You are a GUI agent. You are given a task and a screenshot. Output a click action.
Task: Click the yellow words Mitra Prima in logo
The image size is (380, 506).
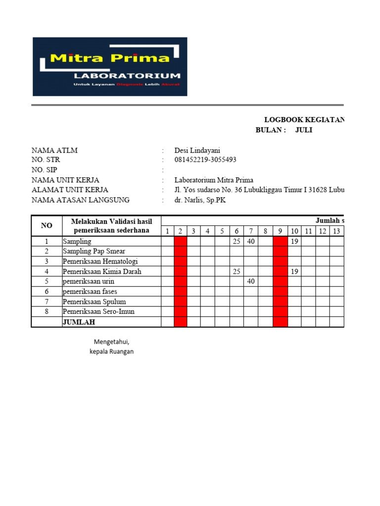click(110, 58)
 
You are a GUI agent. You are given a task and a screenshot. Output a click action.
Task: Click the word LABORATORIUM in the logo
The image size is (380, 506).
click(127, 76)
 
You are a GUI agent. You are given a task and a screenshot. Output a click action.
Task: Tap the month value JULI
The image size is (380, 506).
click(304, 130)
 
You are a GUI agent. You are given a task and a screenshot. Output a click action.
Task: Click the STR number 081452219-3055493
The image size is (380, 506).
click(205, 160)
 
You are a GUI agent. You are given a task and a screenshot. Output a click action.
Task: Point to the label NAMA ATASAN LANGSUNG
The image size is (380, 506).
click(80, 200)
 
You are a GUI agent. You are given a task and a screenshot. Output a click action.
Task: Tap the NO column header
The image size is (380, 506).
click(47, 225)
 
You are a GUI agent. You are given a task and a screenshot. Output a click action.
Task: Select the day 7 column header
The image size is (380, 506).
click(251, 231)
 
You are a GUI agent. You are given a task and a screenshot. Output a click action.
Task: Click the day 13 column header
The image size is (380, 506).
click(336, 231)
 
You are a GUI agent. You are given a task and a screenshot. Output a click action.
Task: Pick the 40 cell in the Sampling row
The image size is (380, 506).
click(251, 241)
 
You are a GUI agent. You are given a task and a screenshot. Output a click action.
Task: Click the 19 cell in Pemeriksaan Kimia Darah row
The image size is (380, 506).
click(294, 271)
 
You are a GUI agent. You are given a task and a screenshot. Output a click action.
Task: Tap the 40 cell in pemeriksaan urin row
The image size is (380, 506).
click(251, 281)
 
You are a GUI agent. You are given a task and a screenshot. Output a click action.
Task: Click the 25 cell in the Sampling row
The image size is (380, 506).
click(237, 241)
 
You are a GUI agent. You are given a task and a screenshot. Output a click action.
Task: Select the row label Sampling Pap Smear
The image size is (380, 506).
click(87, 251)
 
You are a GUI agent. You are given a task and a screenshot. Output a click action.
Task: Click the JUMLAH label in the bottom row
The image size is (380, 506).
click(79, 322)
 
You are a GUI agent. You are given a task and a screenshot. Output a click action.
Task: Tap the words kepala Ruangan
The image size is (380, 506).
click(111, 351)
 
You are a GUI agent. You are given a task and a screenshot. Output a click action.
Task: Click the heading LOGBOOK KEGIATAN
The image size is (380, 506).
click(304, 120)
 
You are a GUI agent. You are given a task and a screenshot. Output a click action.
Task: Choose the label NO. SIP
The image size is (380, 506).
click(44, 170)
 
